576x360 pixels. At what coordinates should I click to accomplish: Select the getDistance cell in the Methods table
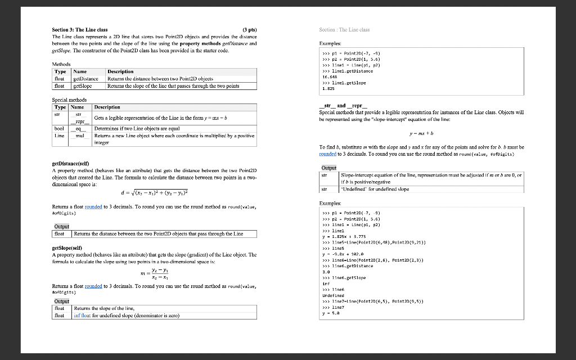[x=87, y=79]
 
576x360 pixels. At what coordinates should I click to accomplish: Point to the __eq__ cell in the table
[x=79, y=128]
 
